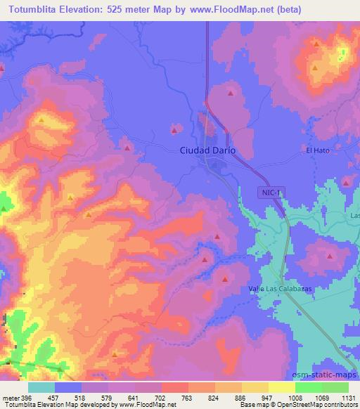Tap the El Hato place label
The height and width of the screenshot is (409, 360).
tap(318, 150)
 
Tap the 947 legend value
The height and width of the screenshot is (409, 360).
tap(268, 397)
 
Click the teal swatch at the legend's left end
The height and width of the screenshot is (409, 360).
tap(41, 387)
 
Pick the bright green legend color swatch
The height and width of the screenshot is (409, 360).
tap(309, 387)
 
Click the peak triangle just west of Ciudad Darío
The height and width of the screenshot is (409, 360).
tap(175, 129)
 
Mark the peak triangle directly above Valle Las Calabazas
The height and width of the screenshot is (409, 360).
tap(224, 278)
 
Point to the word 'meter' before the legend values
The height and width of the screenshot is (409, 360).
tap(10, 397)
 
